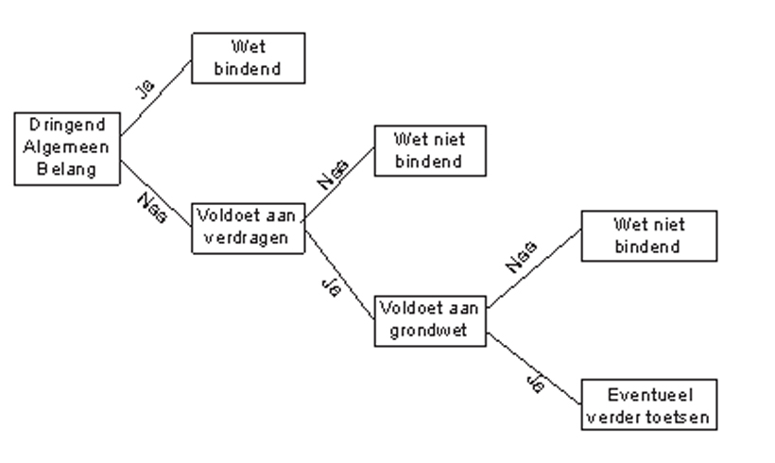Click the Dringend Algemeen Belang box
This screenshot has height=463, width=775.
[x=68, y=148]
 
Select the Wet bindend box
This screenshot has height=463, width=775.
[x=249, y=58]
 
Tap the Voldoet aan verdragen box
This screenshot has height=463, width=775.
[x=250, y=226]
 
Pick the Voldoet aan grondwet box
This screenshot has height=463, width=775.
[x=431, y=320]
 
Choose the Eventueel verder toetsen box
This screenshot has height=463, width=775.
[x=648, y=404]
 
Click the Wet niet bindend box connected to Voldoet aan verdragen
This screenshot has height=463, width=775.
[x=431, y=150]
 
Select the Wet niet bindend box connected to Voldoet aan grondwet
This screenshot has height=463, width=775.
[x=648, y=236]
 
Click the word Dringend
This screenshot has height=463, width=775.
[x=68, y=126]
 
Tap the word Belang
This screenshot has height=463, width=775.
[x=68, y=171]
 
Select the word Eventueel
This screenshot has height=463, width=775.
[x=648, y=394]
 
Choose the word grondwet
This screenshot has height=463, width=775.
[x=431, y=333]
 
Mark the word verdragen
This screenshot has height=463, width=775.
[x=250, y=237]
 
